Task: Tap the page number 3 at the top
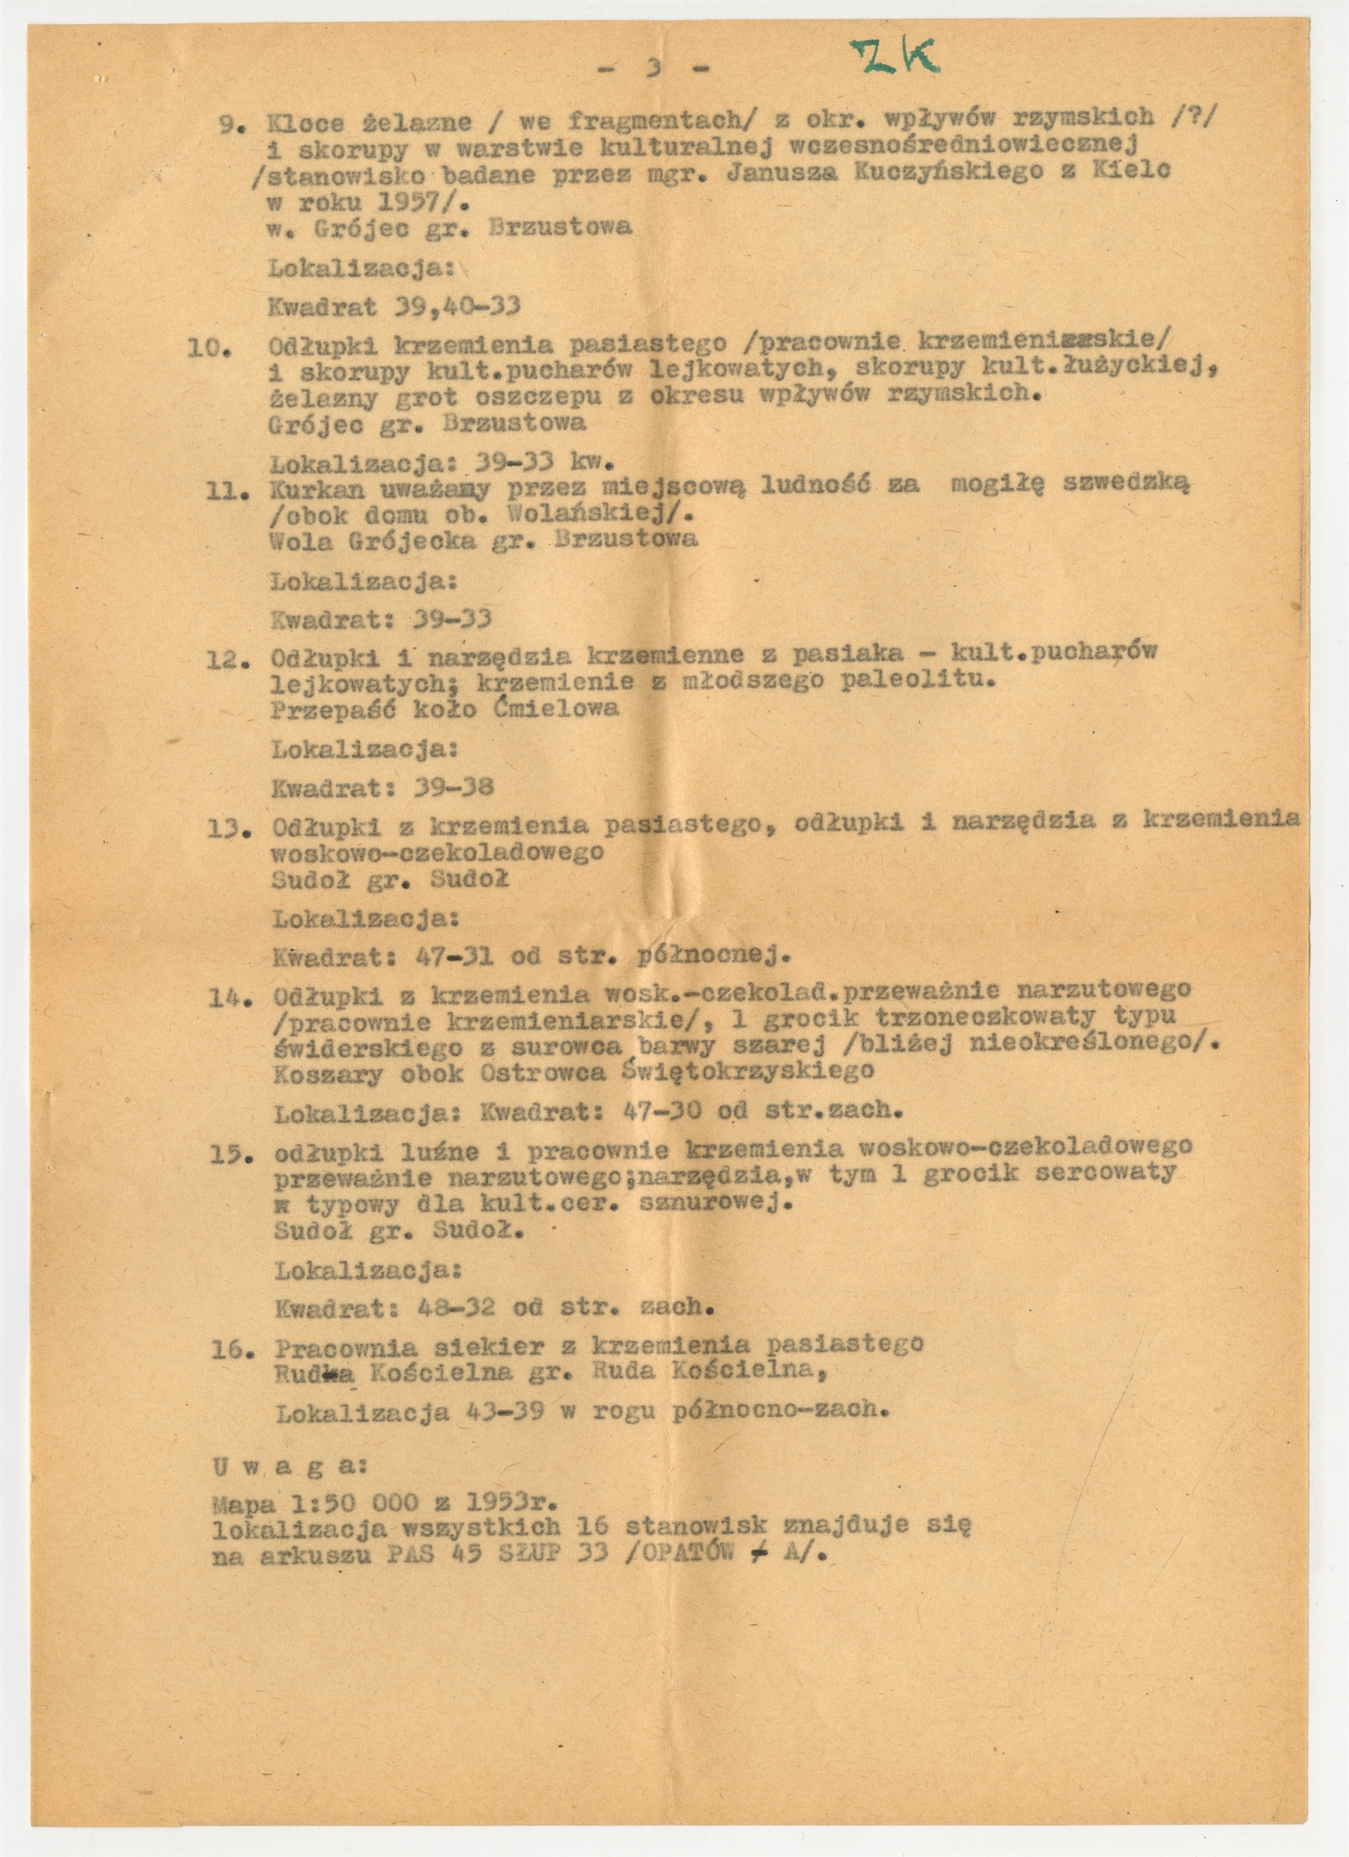click(653, 69)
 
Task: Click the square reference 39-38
click(455, 788)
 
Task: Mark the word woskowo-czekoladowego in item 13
click(439, 851)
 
